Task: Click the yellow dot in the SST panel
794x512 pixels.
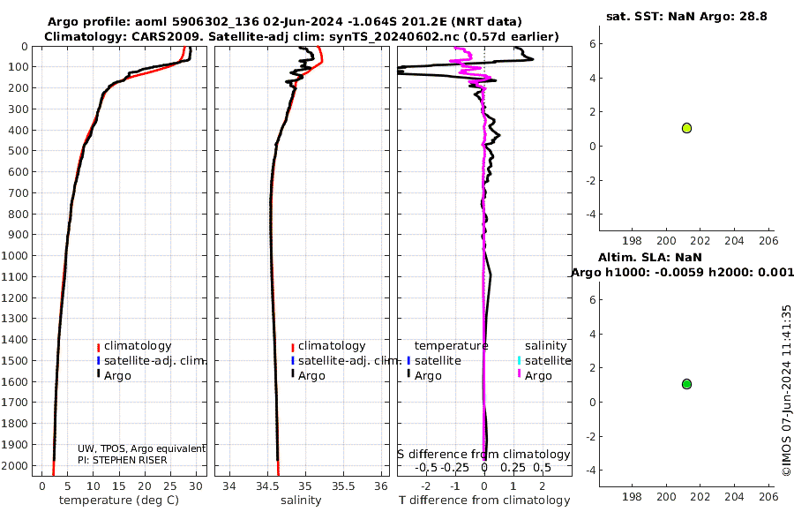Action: click(x=686, y=128)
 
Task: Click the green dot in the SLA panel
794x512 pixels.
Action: click(x=686, y=384)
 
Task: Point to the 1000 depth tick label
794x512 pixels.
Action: click(x=18, y=256)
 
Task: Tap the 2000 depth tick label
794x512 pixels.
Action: click(x=18, y=465)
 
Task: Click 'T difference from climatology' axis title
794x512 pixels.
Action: click(x=484, y=501)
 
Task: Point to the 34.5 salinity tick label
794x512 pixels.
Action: click(x=268, y=486)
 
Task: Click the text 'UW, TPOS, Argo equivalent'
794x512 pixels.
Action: click(x=141, y=448)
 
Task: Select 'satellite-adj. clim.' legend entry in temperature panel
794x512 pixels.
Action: click(x=150, y=360)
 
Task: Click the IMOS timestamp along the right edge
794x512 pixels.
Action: click(x=786, y=391)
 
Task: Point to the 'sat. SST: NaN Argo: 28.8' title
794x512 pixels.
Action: click(x=685, y=17)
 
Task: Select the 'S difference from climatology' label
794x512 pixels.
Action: click(x=483, y=455)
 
